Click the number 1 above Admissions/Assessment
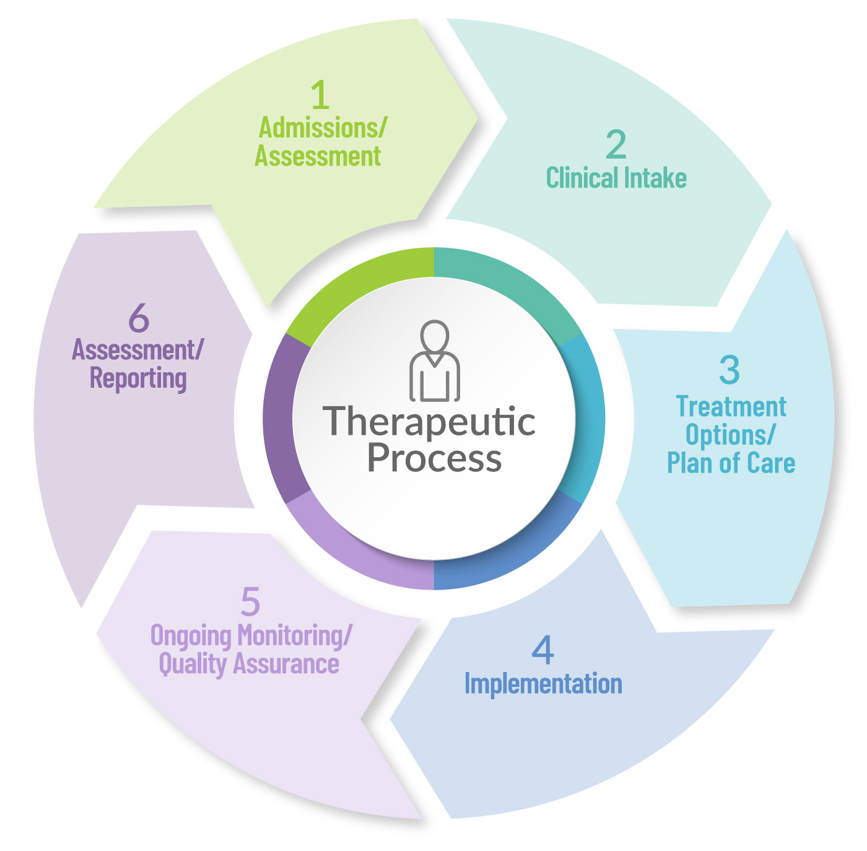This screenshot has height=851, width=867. pyautogui.click(x=320, y=95)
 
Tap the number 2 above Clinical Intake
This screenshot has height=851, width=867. pyautogui.click(x=616, y=144)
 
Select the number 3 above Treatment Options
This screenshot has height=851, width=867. pyautogui.click(x=730, y=370)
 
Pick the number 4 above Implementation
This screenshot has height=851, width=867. pyautogui.click(x=542, y=650)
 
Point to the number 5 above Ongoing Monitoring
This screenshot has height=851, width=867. pyautogui.click(x=251, y=601)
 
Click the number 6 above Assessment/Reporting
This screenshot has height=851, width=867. pyautogui.click(x=139, y=317)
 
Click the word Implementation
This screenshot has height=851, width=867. pyautogui.click(x=543, y=684)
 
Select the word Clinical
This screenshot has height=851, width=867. pyautogui.click(x=582, y=177)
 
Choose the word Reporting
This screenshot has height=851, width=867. pyautogui.click(x=138, y=378)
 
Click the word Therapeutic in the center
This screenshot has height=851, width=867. pyautogui.click(x=429, y=422)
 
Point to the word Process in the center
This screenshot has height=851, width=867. pyautogui.click(x=435, y=458)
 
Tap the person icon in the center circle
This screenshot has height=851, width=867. pyautogui.click(x=435, y=360)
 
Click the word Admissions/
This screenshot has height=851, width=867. pyautogui.click(x=323, y=128)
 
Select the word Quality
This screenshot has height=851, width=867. pyautogui.click(x=192, y=665)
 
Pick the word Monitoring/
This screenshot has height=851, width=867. pyautogui.click(x=294, y=636)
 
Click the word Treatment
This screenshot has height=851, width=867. pyautogui.click(x=731, y=407)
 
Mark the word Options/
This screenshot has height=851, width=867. pyautogui.click(x=730, y=435)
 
